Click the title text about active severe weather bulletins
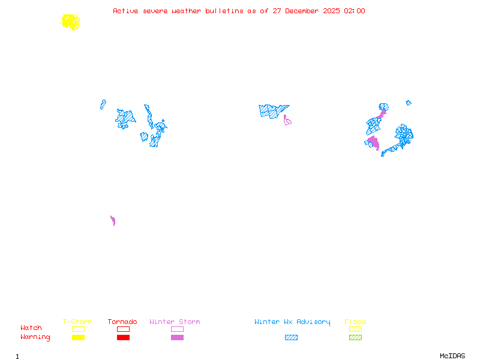click(239, 11)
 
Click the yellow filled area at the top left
click(70, 22)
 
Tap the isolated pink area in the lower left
click(112, 220)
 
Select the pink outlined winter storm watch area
click(288, 122)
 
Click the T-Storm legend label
click(77, 322)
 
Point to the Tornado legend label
click(122, 322)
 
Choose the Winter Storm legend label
click(175, 322)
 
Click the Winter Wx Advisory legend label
click(292, 322)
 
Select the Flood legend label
click(355, 322)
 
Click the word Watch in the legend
click(31, 328)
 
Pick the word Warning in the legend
click(35, 337)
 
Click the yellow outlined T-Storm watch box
click(78, 329)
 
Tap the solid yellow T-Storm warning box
click(78, 338)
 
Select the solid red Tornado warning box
click(123, 338)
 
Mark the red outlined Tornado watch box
click(123, 329)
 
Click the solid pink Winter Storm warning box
click(177, 338)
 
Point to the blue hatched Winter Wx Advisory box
click(291, 338)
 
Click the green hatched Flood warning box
click(355, 338)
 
